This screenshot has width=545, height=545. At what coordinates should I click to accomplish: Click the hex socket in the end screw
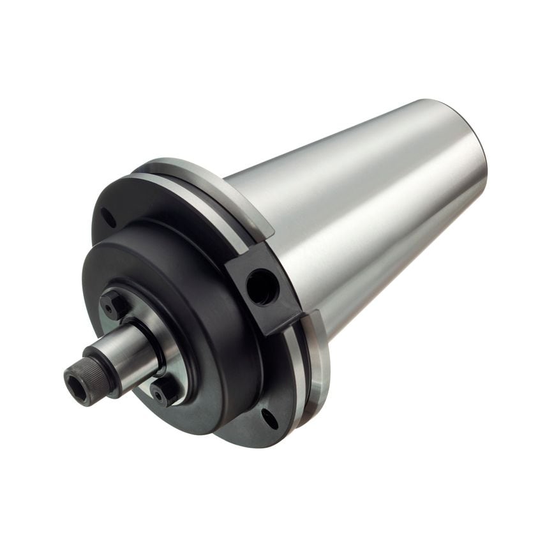[77, 381]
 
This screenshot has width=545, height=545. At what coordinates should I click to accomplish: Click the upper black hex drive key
[114, 304]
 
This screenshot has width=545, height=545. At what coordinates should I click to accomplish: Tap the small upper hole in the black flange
[108, 218]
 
